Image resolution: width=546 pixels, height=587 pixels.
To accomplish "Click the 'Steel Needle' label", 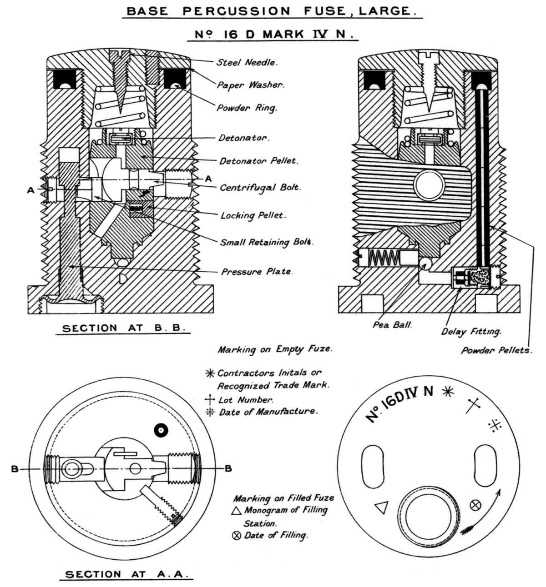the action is [x=247, y=62].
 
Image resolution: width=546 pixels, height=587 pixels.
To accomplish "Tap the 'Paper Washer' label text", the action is [x=251, y=85].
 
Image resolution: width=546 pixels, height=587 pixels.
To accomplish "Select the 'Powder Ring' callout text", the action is [x=247, y=108].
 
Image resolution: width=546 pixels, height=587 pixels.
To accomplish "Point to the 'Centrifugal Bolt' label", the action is [x=260, y=188].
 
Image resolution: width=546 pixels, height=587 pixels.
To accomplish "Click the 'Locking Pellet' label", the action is [x=253, y=215].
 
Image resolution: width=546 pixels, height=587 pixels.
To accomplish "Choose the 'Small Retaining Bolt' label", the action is [x=267, y=242].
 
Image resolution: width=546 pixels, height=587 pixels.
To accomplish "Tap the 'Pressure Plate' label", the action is [x=257, y=271].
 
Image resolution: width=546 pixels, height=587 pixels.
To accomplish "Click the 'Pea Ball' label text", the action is [x=392, y=325].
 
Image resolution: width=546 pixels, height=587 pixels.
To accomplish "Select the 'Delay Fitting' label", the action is [x=471, y=332].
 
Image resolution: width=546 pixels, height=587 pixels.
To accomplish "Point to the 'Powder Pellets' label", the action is [x=497, y=350].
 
